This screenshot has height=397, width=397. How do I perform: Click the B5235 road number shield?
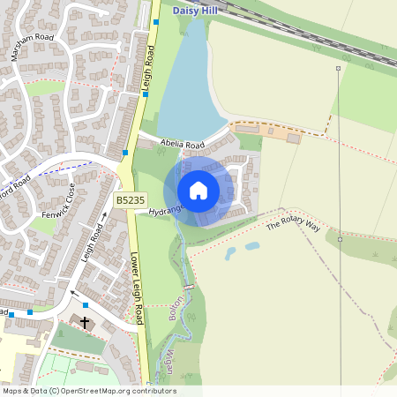[x=130, y=201]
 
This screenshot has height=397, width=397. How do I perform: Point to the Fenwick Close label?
[x=56, y=205]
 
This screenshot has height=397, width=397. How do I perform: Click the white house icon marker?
[x=198, y=191]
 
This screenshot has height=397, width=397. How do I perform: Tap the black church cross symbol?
[x=85, y=323]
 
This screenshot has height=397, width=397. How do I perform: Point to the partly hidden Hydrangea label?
[x=166, y=211]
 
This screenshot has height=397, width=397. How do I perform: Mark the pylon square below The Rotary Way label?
[x=340, y=238]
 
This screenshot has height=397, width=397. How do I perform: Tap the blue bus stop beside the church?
[x=86, y=305]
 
